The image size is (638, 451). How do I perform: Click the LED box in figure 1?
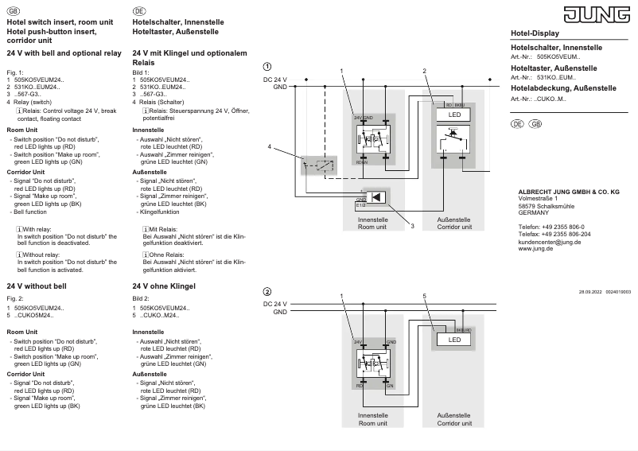[454, 115]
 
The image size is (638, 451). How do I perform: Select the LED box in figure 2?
[454, 340]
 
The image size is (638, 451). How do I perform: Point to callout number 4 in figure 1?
[270, 147]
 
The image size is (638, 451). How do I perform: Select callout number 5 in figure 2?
[426, 296]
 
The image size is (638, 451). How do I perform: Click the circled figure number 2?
[267, 291]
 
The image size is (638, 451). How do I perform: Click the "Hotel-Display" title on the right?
[535, 33]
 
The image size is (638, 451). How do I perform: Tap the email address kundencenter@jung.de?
[550, 242]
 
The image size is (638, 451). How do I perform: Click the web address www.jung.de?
[537, 248]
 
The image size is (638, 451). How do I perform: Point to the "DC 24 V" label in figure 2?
[275, 305]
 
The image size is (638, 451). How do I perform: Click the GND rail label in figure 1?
[280, 86]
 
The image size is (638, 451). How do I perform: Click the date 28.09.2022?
[590, 293]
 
